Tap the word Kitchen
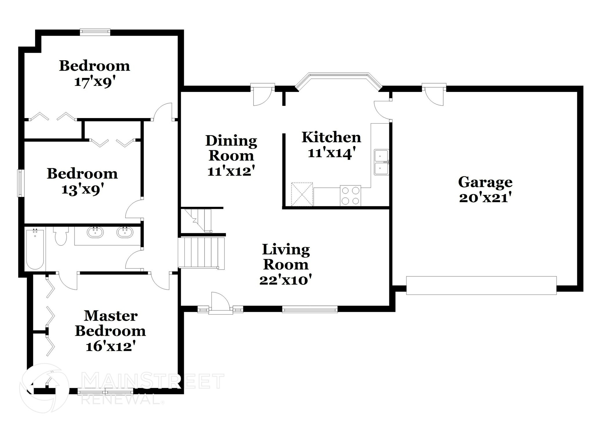point(331,137)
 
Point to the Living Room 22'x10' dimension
point(286,280)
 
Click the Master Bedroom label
point(111,323)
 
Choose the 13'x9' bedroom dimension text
point(83,190)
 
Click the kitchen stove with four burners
point(350,196)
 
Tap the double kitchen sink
point(381,162)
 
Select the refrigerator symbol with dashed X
point(302,194)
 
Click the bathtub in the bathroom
point(35,249)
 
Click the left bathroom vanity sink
point(95,232)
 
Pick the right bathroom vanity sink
point(125,232)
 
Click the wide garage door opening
point(481,285)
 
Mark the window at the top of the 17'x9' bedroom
point(95,32)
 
